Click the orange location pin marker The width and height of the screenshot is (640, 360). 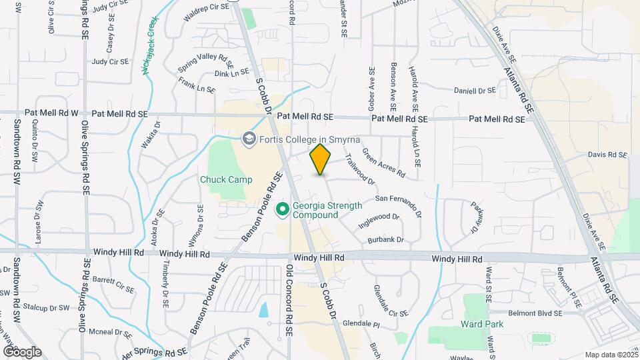point(321,159)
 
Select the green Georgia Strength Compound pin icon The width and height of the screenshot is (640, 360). point(282,210)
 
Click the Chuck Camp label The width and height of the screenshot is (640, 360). point(226,179)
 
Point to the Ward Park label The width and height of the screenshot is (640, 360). point(481,324)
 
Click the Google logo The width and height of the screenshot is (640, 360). point(21,351)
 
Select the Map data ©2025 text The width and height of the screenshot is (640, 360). point(610,355)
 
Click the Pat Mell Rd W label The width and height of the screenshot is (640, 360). point(51,114)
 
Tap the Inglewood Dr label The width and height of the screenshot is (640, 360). point(378,221)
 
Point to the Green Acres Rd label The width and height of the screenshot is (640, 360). point(383,163)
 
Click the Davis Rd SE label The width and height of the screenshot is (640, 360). point(607,155)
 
